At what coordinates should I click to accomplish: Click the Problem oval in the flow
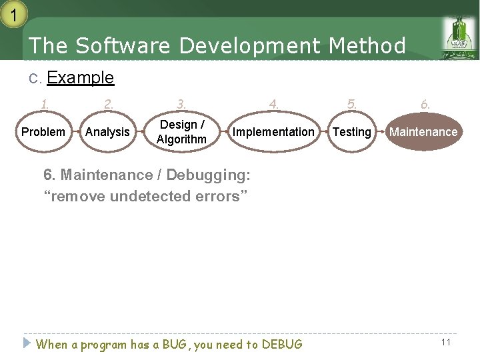[x=43, y=132]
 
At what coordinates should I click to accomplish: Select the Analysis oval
[x=107, y=132]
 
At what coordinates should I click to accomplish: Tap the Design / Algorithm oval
[x=181, y=132]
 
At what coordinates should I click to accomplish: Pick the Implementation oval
[x=273, y=132]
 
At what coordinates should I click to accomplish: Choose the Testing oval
[x=351, y=132]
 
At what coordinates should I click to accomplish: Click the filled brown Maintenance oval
[x=423, y=132]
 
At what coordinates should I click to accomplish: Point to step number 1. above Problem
[x=45, y=104]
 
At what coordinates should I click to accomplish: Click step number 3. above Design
[x=181, y=104]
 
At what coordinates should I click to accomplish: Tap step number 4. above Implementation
[x=273, y=104]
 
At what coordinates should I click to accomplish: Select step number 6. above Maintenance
[x=425, y=104]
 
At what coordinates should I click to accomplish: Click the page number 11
[x=446, y=342]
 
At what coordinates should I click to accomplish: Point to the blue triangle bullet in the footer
[x=27, y=343]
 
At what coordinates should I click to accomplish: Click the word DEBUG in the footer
[x=282, y=345]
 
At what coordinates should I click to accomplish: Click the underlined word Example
[x=81, y=78]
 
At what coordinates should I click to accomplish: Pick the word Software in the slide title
[x=124, y=46]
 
